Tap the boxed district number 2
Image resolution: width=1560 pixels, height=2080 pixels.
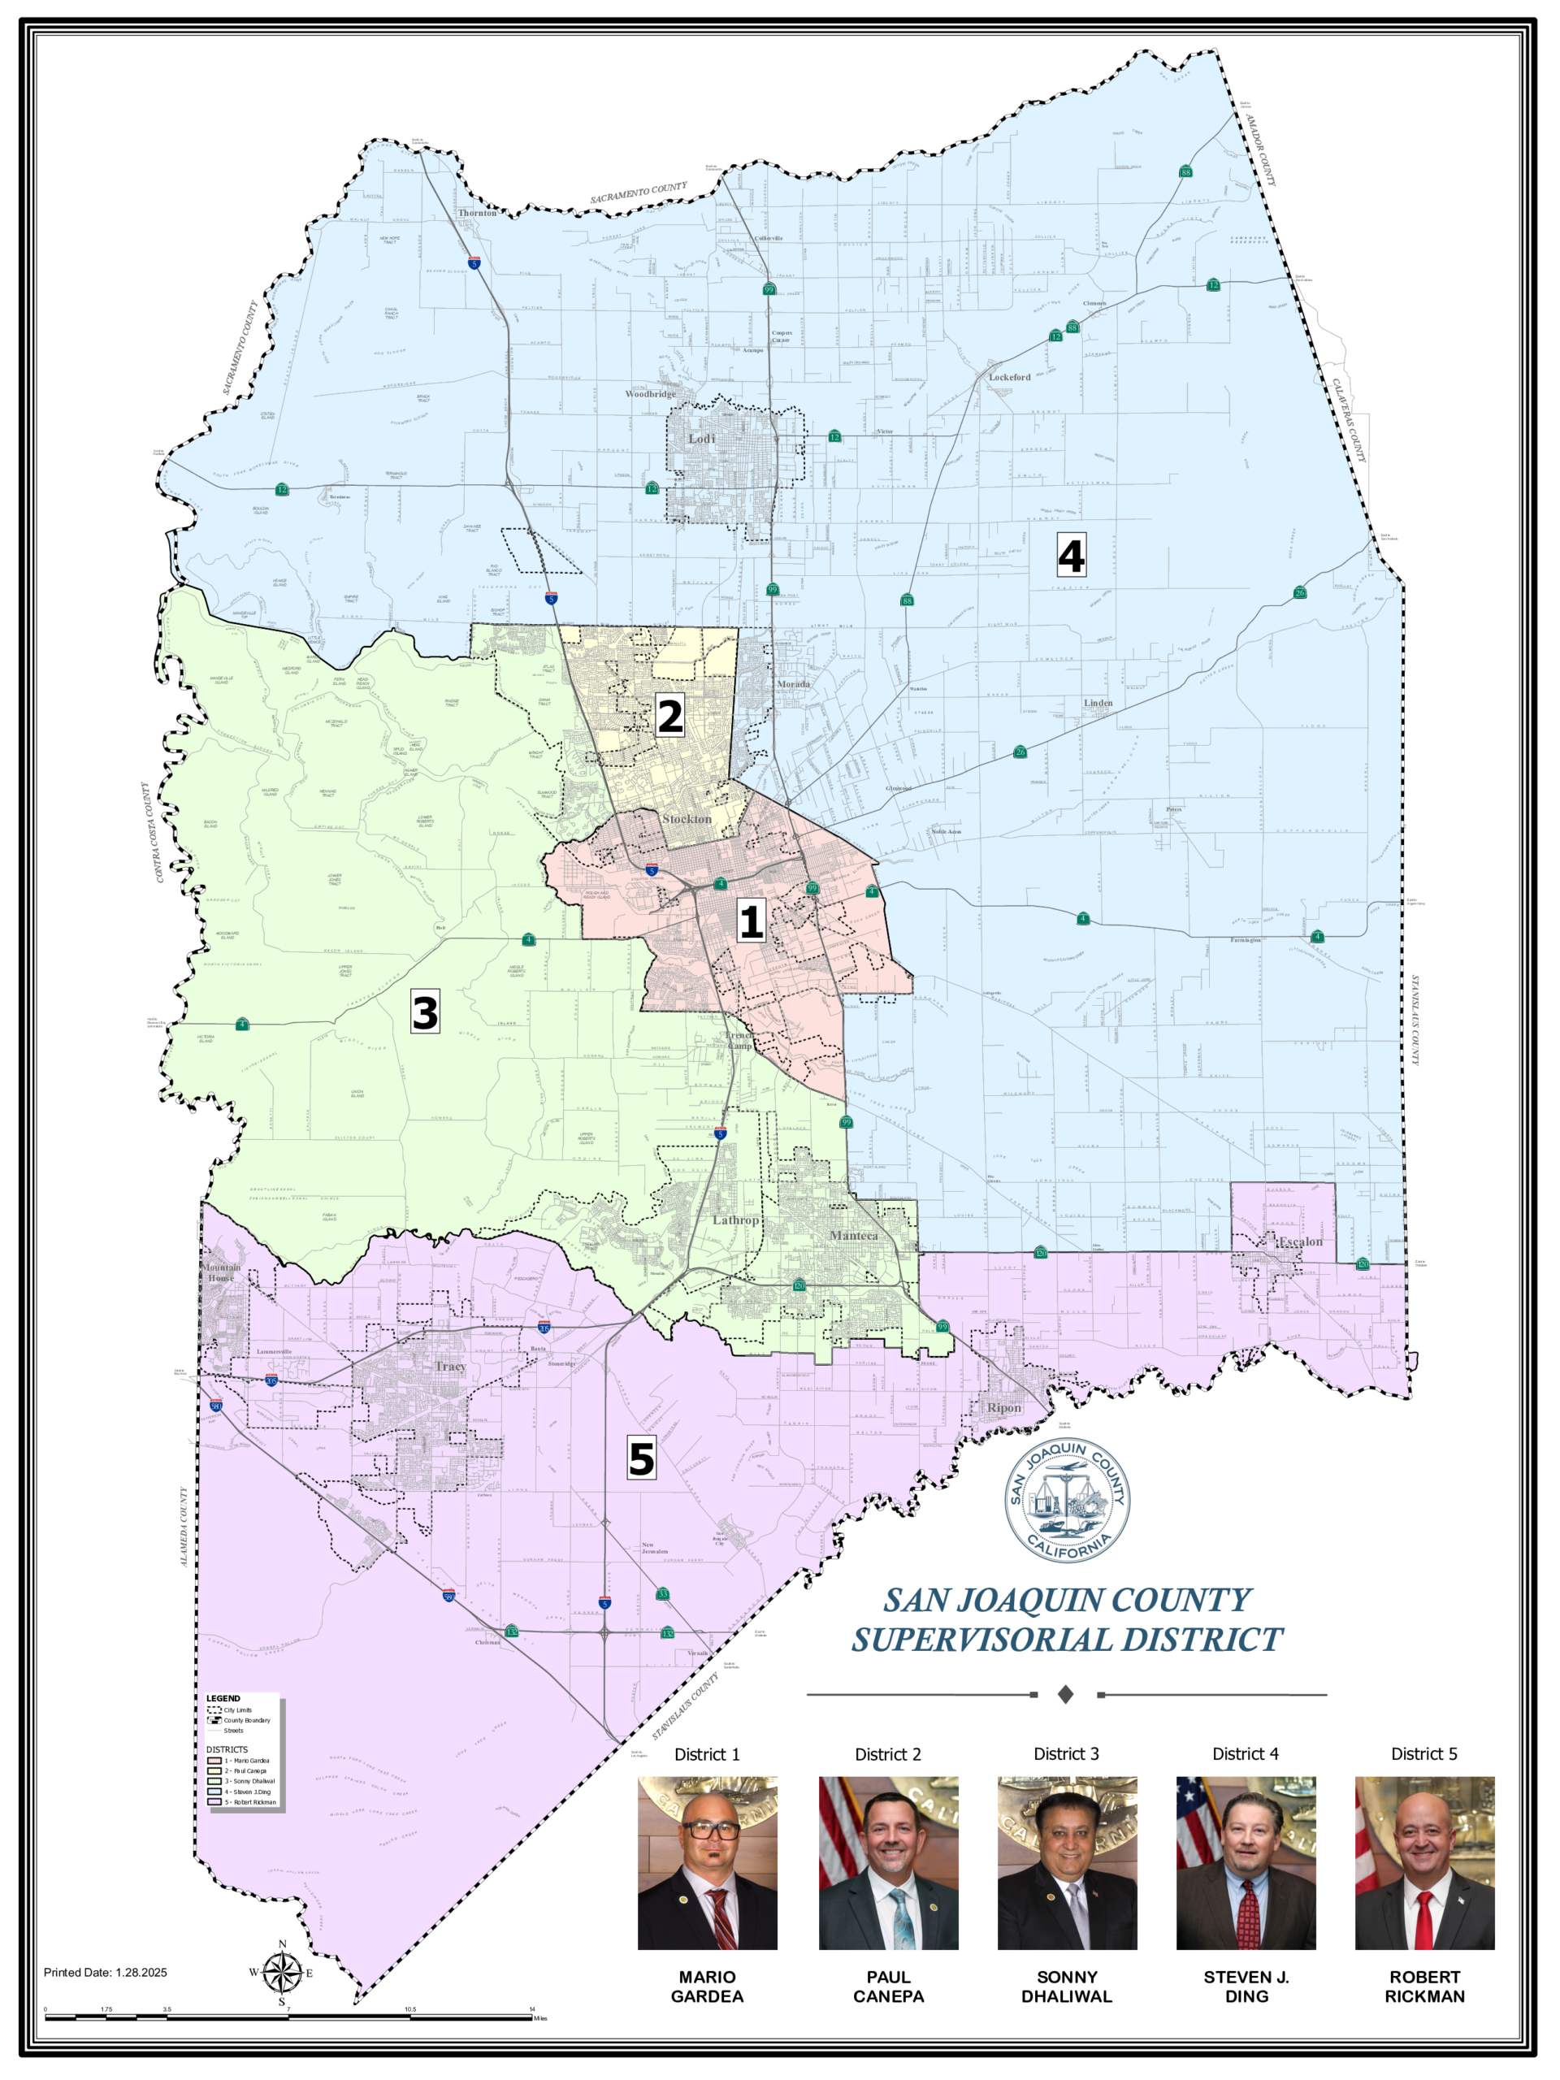669,717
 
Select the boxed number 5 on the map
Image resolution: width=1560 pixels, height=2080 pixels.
641,1458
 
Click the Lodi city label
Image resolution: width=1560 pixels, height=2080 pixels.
701,439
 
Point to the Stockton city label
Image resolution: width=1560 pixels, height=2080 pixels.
687,819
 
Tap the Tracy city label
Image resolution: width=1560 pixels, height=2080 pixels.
450,1367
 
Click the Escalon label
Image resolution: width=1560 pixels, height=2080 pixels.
1301,1242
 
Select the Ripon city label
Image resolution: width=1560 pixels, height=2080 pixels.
1003,1408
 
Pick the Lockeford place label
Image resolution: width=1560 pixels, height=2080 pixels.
1009,377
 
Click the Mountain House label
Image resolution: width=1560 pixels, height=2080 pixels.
222,1272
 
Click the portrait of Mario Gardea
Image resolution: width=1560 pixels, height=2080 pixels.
707,1862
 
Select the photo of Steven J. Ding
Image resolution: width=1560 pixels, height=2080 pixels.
1245,1862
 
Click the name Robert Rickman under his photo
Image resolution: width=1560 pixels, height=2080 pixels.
1423,1986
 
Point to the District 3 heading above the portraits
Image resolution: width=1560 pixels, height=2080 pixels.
1065,1753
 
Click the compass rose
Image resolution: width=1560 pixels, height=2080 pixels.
282,1973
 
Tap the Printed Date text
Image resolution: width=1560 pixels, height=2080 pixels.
106,1972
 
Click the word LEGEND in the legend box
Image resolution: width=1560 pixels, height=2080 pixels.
223,1698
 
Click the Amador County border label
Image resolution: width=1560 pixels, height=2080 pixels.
1261,149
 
